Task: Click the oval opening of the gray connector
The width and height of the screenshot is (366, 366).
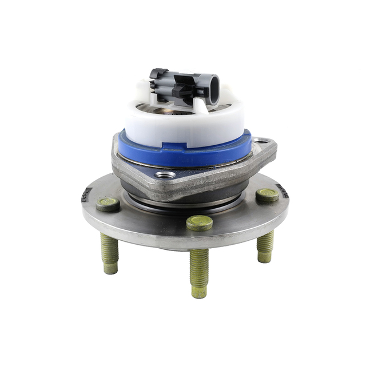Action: (213, 91)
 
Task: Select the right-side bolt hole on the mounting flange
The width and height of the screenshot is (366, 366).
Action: (262, 141)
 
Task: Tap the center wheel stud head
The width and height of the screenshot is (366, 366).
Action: (200, 222)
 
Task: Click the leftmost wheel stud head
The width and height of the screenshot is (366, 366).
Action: (108, 204)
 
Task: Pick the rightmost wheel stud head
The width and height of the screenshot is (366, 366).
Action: (267, 196)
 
